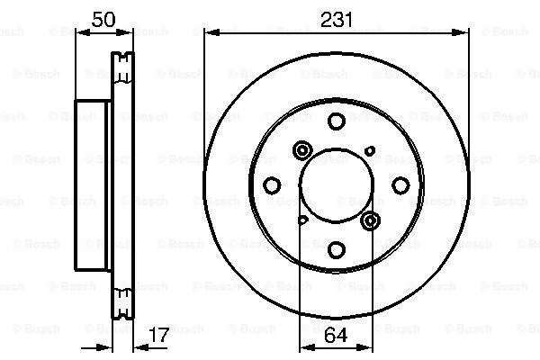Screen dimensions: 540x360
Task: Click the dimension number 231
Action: click(x=337, y=20)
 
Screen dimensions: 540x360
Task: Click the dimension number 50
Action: click(x=103, y=19)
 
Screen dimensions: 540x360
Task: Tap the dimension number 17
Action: click(x=159, y=335)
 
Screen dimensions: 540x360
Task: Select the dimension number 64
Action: click(x=336, y=335)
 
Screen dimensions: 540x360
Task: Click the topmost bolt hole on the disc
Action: click(x=337, y=121)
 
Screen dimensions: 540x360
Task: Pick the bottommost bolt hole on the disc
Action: click(x=337, y=250)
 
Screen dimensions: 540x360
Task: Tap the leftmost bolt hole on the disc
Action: click(x=272, y=185)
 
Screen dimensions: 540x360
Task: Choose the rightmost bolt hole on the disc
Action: click(x=400, y=185)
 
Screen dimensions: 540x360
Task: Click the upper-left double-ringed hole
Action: click(x=302, y=150)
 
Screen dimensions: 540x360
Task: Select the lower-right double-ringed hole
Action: click(x=370, y=220)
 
